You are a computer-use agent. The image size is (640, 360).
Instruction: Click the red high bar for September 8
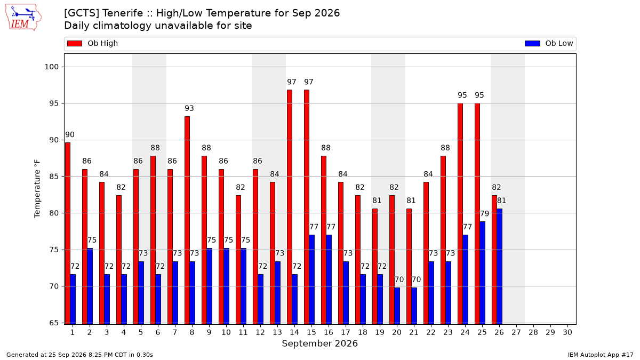click(187, 220)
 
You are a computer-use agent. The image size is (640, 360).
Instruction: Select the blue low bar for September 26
click(499, 267)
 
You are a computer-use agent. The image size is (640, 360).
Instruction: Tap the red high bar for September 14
click(290, 207)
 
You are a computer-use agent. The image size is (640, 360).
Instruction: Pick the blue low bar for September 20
click(397, 306)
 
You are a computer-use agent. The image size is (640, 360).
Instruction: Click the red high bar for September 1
click(68, 234)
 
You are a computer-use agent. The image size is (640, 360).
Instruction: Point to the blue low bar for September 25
click(482, 273)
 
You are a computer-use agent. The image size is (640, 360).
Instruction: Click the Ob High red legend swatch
click(75, 43)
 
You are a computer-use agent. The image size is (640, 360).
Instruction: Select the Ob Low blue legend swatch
click(532, 43)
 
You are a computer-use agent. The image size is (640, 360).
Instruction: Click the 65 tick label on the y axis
click(54, 323)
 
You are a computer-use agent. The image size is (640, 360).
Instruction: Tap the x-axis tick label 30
click(567, 332)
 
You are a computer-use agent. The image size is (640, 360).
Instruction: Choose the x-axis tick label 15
click(311, 332)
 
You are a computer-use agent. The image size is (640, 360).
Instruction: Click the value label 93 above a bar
click(189, 108)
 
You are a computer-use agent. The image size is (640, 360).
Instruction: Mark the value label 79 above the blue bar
click(485, 213)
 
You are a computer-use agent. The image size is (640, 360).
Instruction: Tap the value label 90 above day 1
click(70, 134)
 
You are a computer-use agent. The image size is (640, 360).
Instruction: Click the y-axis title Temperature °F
click(37, 189)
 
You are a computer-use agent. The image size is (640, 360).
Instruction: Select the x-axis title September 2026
click(319, 343)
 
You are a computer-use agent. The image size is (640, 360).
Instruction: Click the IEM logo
click(23, 18)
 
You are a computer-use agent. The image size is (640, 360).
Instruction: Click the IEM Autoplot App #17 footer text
click(601, 355)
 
